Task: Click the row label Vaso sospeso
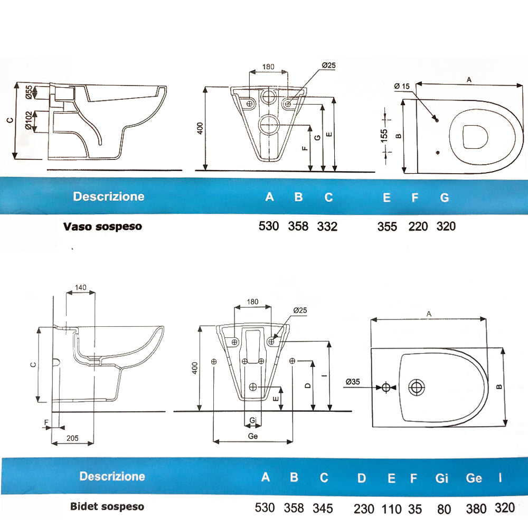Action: point(102,227)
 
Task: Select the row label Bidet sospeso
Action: point(107,506)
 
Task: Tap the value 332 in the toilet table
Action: point(327,227)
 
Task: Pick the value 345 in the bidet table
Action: point(323,508)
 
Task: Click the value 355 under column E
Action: point(387,227)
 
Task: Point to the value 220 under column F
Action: point(418,227)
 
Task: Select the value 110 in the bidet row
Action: point(391,508)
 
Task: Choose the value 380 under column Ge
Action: point(476,508)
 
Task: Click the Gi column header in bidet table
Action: point(442,478)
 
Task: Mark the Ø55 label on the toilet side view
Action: point(29,92)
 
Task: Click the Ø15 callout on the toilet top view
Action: point(402,87)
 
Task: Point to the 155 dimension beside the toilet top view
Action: point(384,135)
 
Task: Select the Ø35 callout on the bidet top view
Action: point(353,381)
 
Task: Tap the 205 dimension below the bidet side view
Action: point(73,438)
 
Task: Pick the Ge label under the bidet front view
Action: point(252,437)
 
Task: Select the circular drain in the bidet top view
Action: point(418,388)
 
